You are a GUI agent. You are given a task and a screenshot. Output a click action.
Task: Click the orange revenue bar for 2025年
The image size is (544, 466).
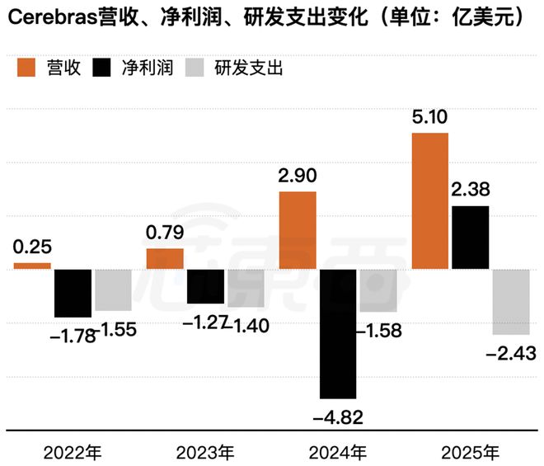coord(429,200)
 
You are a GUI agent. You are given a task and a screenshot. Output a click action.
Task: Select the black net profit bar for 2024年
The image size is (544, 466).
coord(338,334)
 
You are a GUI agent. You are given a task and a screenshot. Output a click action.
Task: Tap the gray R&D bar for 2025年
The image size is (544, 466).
coord(510,301)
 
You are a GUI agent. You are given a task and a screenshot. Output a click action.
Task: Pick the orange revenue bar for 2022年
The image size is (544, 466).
coord(32,266)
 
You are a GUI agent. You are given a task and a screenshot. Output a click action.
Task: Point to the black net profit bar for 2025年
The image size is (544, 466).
coord(470,238)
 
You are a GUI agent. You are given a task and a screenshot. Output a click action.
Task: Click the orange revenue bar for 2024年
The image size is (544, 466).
coord(298,230)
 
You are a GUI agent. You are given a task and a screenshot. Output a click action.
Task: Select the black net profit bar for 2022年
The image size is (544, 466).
coord(73,293)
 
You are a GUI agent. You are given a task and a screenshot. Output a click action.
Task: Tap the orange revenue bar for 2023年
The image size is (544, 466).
coord(165,258)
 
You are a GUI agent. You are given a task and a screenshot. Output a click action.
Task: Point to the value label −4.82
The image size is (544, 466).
coord(338,416)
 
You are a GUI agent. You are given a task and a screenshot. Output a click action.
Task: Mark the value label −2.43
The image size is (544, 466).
coord(512,353)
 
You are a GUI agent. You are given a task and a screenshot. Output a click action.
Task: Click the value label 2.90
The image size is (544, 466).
coord(298,177)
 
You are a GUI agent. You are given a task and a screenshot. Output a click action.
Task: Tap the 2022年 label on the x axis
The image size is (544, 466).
coord(72,451)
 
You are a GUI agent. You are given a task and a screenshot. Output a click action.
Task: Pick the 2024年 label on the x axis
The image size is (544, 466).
coord(338,451)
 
